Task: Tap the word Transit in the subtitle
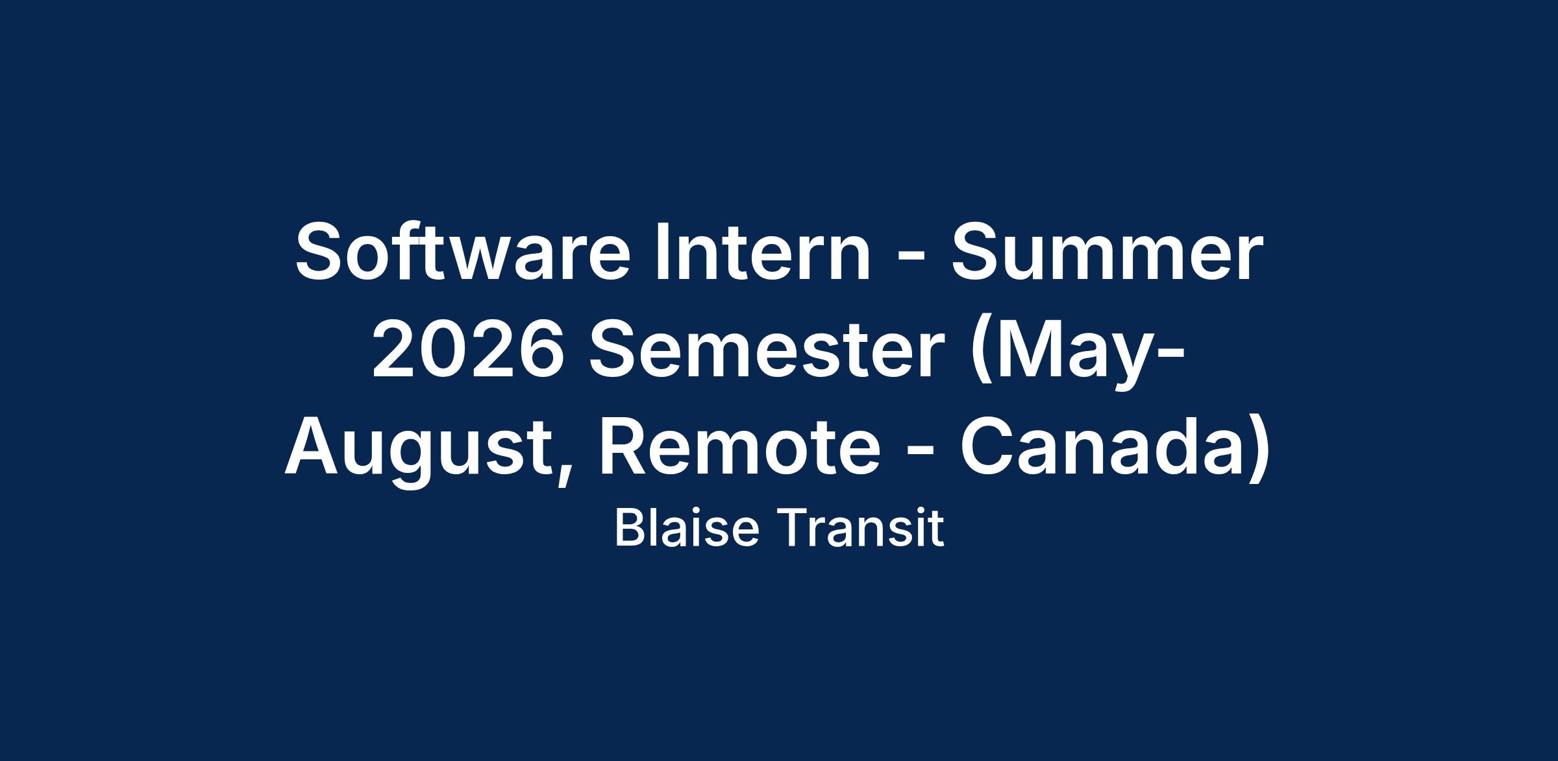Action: click(x=859, y=528)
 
